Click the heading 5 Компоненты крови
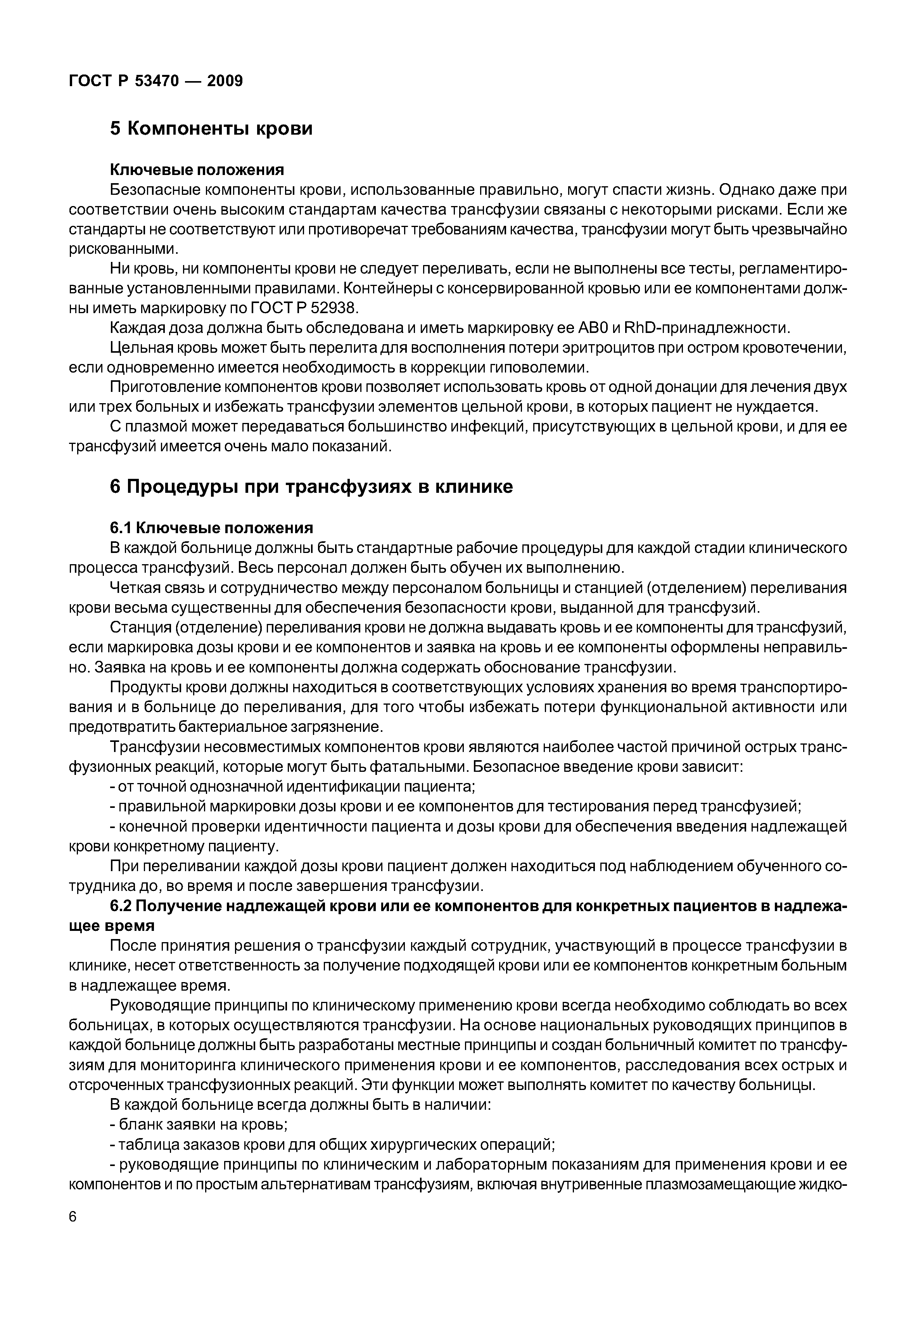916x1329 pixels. click(x=211, y=128)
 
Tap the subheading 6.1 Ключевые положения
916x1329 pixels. click(x=211, y=528)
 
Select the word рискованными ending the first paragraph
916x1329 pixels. click(x=123, y=249)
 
